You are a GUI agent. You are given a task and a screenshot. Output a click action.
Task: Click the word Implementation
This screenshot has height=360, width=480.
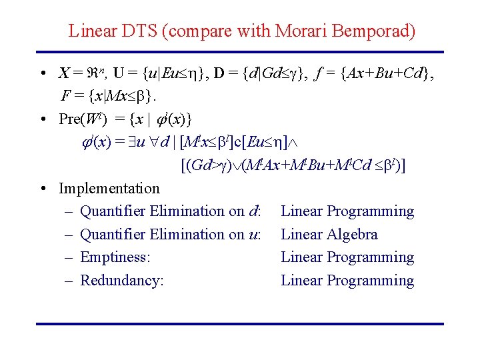[109, 189]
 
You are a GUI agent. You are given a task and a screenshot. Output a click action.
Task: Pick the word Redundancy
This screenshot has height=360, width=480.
[121, 281]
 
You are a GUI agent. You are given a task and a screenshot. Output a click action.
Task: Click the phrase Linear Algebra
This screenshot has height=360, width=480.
[329, 235]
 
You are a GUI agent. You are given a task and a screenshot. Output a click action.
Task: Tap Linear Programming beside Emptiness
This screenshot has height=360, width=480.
[347, 257]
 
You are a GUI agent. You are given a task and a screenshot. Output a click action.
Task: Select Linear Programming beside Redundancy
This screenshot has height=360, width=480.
[347, 281]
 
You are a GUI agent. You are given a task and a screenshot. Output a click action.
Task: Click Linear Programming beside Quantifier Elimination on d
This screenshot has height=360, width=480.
[347, 211]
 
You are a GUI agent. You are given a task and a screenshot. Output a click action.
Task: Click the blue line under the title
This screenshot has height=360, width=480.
[240, 52]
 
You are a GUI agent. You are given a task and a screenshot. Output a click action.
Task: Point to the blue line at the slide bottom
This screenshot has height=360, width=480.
[240, 324]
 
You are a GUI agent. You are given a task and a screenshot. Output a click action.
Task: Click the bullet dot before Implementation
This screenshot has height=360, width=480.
[42, 189]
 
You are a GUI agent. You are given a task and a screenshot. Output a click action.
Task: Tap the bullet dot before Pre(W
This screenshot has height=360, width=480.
[42, 120]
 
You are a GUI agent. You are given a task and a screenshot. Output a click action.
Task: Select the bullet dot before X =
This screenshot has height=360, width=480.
[42, 73]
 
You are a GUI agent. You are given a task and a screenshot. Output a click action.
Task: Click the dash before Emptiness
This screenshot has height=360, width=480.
[70, 258]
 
